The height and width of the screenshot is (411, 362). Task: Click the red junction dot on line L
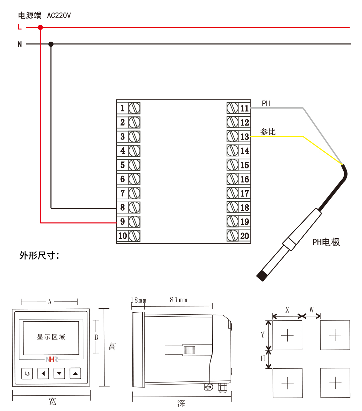pos(40,27)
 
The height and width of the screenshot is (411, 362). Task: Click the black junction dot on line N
pos(51,44)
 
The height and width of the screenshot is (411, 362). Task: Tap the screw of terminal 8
pos(134,207)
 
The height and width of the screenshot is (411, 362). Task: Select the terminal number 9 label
pos(123,222)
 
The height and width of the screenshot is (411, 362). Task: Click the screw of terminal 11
pos(232,108)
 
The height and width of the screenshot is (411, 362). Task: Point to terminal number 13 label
pos(245,137)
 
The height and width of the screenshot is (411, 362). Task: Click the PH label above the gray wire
pos(266,103)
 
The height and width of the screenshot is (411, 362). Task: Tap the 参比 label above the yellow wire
pos(268,132)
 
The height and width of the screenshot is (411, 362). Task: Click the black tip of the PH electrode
pos(262,276)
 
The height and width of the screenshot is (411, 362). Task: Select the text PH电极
pos(326,242)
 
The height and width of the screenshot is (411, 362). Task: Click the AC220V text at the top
pos(59,15)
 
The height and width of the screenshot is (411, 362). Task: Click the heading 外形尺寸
pos(39,256)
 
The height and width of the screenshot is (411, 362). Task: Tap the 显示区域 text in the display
pos(51,337)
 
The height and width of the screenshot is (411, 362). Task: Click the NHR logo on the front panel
pos(52,359)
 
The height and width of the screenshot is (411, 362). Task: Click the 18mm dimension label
pos(138,300)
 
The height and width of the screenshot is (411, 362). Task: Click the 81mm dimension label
pos(178,300)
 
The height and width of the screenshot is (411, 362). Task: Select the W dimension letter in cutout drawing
pos(311,310)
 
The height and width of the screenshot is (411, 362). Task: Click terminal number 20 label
pos(245,236)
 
